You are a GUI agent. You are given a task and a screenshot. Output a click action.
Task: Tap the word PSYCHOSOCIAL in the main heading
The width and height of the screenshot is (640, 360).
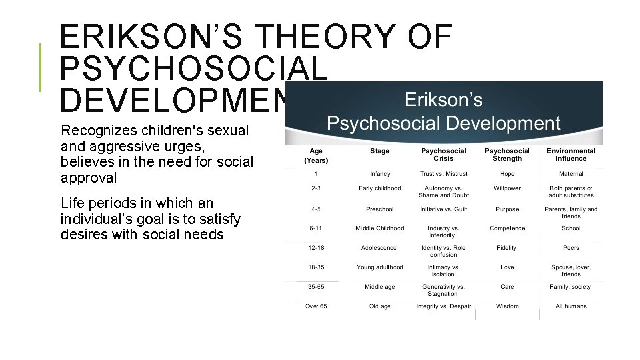pos(193,68)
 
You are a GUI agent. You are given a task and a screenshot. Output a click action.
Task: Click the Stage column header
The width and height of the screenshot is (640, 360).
pos(380,151)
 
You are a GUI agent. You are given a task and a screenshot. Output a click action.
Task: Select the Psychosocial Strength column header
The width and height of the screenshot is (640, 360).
pos(507,155)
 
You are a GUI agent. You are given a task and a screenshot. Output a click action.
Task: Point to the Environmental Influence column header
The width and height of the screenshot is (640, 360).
pos(571,155)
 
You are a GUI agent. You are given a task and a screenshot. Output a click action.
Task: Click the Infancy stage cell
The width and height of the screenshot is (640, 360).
pos(380,173)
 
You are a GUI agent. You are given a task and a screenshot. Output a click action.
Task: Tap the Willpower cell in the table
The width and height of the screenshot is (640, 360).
pos(507,188)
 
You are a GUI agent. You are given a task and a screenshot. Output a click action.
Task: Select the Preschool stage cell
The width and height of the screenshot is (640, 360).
pos(380,209)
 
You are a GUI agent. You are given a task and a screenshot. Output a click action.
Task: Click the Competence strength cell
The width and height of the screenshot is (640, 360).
pos(507,228)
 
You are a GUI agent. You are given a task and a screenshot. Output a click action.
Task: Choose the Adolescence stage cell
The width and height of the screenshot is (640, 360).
pos(380,247)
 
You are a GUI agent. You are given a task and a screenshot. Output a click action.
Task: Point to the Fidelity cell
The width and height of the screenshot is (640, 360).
pos(507,247)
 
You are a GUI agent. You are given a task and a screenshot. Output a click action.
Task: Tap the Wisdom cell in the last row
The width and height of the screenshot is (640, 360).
pos(507,307)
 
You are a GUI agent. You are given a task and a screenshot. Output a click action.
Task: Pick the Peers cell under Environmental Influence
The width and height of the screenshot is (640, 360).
pos(571,247)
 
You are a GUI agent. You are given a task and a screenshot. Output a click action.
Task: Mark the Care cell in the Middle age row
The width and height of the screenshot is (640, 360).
pos(507,287)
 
